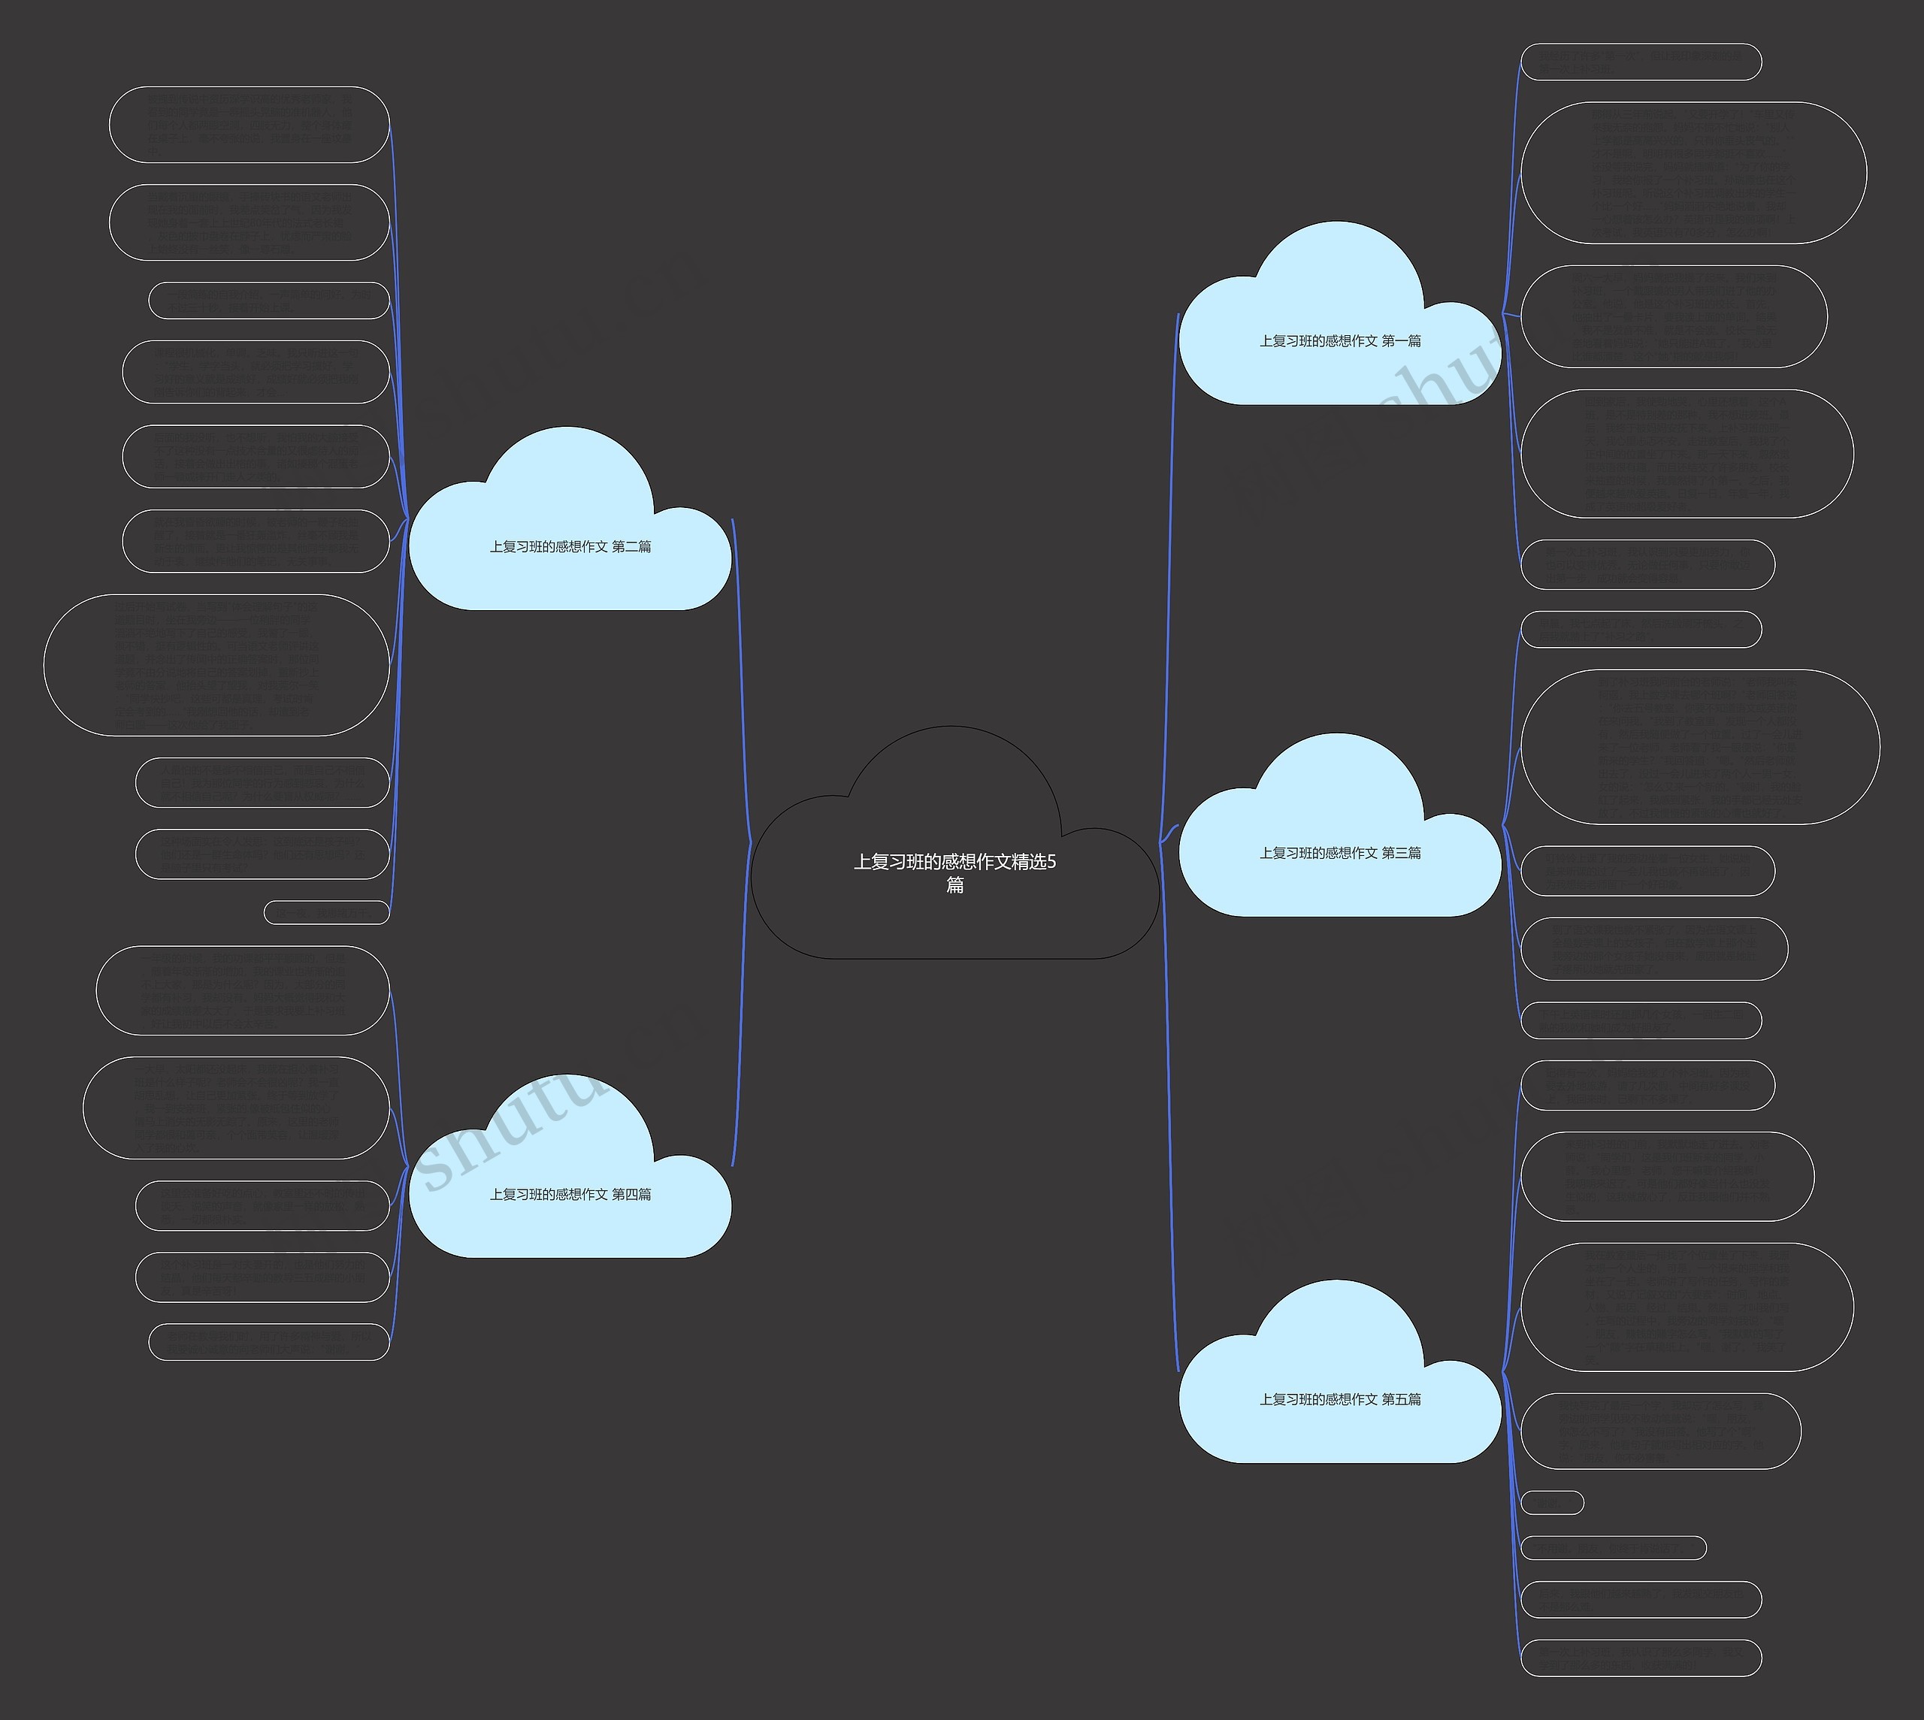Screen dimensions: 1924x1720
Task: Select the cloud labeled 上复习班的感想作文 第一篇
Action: [1339, 341]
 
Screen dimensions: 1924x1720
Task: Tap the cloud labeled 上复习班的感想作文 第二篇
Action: [570, 547]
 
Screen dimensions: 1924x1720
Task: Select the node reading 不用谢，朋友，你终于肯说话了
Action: [1612, 1548]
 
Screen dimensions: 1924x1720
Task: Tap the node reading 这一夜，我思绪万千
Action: [326, 912]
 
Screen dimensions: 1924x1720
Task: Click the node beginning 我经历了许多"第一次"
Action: [1641, 62]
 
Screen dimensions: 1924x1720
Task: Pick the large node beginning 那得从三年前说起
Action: [1693, 173]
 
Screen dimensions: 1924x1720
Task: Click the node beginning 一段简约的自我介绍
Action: [269, 301]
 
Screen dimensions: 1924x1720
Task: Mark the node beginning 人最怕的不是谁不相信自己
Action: [263, 782]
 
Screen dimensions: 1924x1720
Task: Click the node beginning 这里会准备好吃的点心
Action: [263, 1206]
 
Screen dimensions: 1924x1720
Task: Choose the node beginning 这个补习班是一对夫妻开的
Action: [263, 1277]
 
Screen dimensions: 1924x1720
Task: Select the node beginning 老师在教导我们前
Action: [269, 1342]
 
